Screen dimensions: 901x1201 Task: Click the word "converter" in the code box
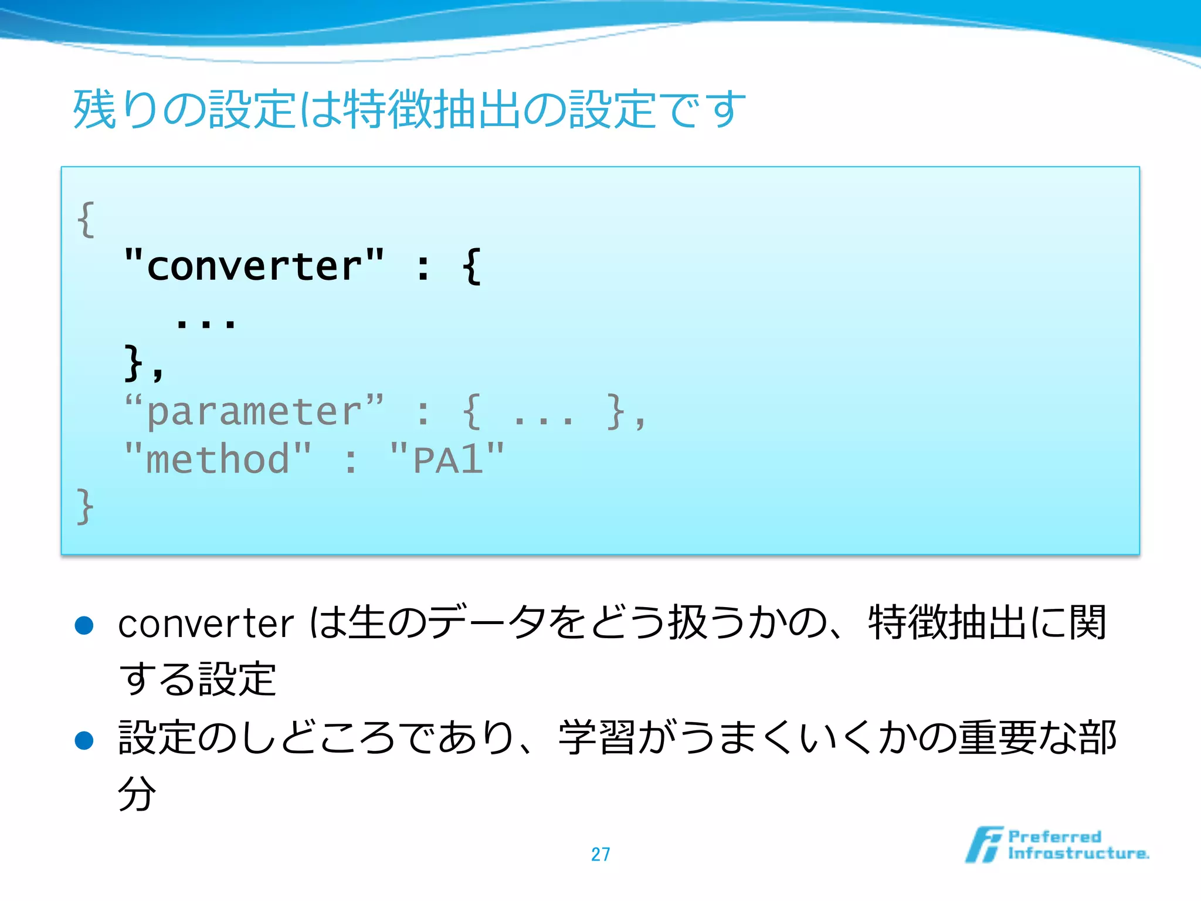[x=253, y=267]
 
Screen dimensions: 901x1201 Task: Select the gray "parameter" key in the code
[x=253, y=412]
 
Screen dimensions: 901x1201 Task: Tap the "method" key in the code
[x=218, y=459]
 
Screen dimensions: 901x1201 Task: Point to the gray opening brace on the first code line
[x=86, y=219]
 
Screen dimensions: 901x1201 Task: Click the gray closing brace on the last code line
[x=86, y=506]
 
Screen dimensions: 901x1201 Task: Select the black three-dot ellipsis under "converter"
[x=206, y=322]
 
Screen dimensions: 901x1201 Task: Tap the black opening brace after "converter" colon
[x=471, y=267]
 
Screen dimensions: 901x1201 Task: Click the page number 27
[x=600, y=854]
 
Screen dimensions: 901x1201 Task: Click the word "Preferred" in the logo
[x=1054, y=836]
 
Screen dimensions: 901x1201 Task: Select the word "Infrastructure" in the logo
[x=1078, y=853]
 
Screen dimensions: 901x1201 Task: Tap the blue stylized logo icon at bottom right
[x=983, y=845]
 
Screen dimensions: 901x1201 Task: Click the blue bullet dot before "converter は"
[x=84, y=625]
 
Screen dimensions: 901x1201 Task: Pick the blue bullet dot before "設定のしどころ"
[x=84, y=740]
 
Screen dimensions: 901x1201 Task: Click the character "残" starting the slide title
[x=94, y=110]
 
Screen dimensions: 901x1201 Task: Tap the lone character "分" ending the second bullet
[x=137, y=793]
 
